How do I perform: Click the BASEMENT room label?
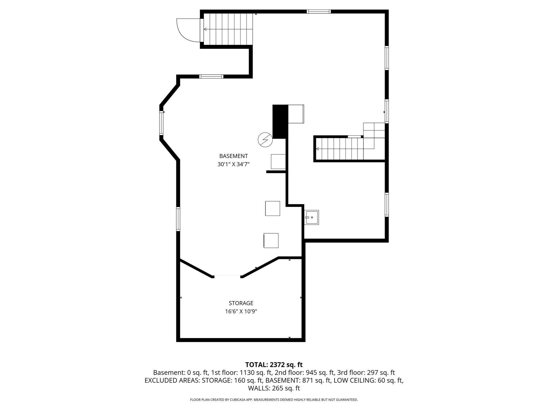[233, 156]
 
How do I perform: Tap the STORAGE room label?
[241, 303]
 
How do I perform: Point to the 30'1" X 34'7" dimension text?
[233, 164]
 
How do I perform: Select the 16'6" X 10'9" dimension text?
[241, 311]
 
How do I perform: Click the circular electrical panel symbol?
[265, 140]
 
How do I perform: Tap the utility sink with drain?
[312, 218]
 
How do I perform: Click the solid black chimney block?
[280, 122]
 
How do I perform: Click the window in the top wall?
[318, 12]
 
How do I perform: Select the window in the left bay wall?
[161, 123]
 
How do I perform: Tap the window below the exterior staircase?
[211, 77]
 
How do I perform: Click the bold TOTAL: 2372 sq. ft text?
[274, 365]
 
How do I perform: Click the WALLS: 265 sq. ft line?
[274, 388]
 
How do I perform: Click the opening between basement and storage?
[227, 276]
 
